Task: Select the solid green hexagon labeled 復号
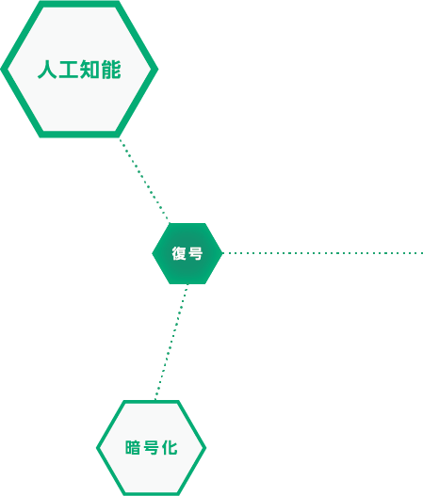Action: (187, 253)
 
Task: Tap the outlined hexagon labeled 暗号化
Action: (152, 448)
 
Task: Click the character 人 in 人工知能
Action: (47, 70)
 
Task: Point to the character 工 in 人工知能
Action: (69, 70)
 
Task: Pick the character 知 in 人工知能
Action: (89, 70)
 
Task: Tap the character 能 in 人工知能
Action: (111, 70)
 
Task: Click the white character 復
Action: (179, 253)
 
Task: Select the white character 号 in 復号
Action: (196, 253)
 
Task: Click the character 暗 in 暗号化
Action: (133, 448)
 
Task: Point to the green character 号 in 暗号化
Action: (152, 448)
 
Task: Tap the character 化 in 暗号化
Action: (170, 448)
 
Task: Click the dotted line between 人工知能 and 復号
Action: (144, 180)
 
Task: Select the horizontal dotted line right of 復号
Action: (323, 253)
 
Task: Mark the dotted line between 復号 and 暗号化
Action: (171, 342)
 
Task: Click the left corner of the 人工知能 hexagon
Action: (1, 69)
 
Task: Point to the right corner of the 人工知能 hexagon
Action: (157, 69)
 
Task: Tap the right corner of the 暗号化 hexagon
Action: (205, 448)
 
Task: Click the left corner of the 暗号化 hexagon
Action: (97, 448)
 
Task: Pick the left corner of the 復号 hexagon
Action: (153, 253)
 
